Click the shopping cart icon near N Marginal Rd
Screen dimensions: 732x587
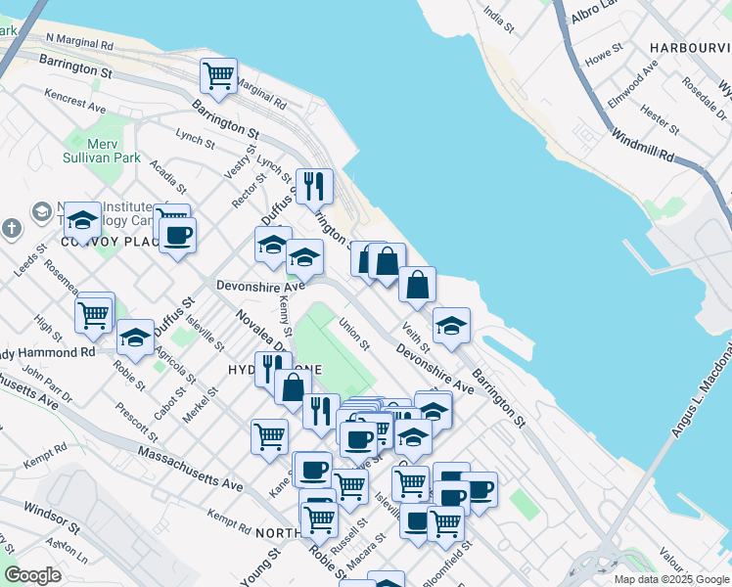click(x=218, y=74)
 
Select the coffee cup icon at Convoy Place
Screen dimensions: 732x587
click(x=177, y=235)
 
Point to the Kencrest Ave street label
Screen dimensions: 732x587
click(x=73, y=101)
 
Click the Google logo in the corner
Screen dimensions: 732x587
click(x=33, y=575)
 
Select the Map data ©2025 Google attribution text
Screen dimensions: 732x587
click(x=671, y=579)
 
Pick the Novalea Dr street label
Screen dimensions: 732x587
click(x=261, y=331)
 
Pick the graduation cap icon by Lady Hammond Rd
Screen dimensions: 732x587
click(x=135, y=338)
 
